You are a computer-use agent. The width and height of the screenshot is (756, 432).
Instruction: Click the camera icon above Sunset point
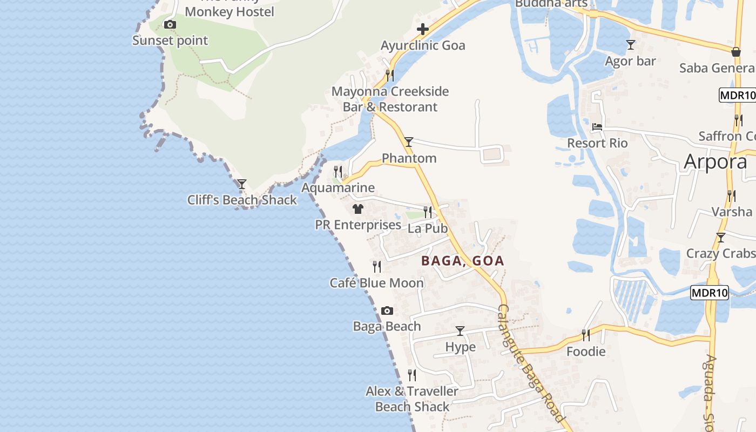coord(170,25)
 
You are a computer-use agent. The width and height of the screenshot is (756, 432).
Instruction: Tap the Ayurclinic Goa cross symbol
coord(423,29)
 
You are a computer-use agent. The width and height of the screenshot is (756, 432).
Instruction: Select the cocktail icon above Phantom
coord(409,142)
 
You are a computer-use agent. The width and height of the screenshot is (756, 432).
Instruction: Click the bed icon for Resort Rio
coord(597,127)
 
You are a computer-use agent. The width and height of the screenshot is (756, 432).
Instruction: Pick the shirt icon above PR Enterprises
coord(357,209)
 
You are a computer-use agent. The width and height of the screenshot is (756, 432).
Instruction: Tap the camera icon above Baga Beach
coord(387,310)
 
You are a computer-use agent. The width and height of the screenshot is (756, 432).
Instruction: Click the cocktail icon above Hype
coord(460,331)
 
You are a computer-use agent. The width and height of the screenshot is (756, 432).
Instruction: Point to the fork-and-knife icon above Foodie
coord(586,335)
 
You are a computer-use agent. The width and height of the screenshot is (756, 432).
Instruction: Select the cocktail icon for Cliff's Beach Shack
coord(242,184)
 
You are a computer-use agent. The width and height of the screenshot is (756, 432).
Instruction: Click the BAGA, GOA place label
coord(463,261)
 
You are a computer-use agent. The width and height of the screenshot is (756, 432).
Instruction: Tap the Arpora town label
coord(715,161)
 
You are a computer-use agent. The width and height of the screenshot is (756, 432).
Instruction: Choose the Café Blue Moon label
coord(377,282)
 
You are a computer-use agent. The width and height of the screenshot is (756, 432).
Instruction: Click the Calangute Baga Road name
coord(530,363)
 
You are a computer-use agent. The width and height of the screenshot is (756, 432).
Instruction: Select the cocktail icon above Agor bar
coord(630,45)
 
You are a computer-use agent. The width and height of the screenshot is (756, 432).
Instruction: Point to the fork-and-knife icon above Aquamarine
coord(338,172)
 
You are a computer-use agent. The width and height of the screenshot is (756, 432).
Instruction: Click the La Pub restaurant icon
coord(428,212)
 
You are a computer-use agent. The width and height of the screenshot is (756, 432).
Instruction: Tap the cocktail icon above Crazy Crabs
coord(720,238)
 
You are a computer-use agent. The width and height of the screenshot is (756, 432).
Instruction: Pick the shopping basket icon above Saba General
coord(735,52)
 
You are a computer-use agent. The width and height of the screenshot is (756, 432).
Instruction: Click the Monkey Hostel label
coord(230,12)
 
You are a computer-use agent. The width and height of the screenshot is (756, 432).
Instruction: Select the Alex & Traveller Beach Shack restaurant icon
coord(412,375)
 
